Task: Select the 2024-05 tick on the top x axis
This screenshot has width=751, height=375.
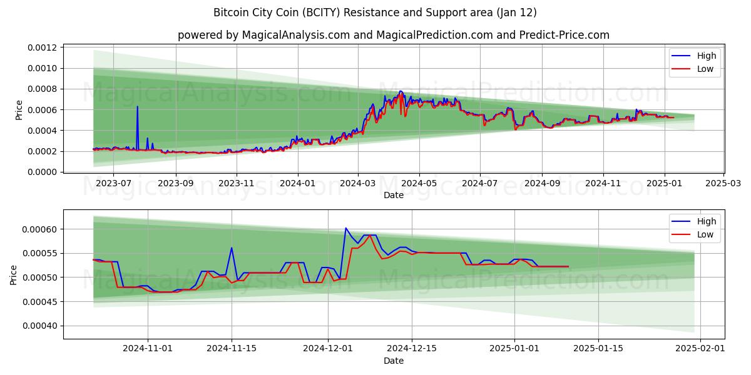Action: pos(419,184)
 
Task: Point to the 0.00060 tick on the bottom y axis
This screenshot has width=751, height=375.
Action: pos(41,229)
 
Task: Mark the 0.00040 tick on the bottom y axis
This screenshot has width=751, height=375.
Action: pos(41,326)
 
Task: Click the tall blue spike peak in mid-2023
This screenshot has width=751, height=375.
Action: pos(137,106)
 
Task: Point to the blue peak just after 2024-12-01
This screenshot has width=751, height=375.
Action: pos(345,228)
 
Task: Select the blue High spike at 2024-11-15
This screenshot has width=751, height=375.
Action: pos(232,247)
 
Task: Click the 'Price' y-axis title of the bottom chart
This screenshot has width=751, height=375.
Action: pos(14,274)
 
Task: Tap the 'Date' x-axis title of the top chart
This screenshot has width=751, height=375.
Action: pos(393,195)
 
